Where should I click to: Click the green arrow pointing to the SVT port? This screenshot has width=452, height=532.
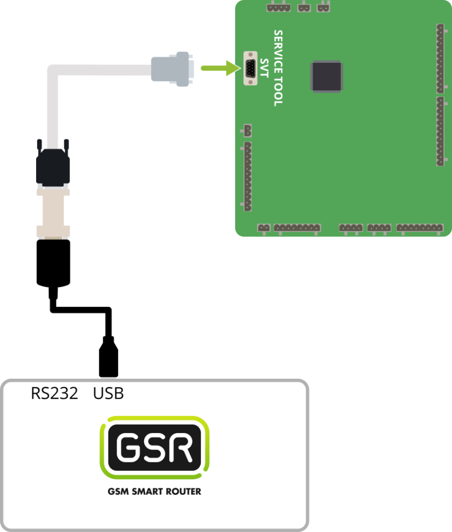tap(219, 68)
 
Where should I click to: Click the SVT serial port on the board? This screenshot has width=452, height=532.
tap(249, 68)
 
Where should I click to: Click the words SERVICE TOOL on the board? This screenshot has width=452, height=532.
tap(278, 68)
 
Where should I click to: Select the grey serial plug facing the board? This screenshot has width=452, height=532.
tap(171, 68)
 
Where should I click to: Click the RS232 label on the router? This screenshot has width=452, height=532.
tap(54, 394)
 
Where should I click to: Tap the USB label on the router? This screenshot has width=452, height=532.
tap(108, 394)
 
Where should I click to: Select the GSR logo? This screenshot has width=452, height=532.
tap(154, 448)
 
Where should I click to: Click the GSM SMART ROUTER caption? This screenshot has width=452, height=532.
tap(154, 492)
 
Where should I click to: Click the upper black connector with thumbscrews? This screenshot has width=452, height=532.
tap(53, 166)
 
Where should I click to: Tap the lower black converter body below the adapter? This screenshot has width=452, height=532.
tap(53, 262)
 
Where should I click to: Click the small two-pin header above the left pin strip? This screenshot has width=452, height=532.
tap(247, 130)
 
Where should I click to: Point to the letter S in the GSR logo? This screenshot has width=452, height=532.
tap(154, 448)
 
